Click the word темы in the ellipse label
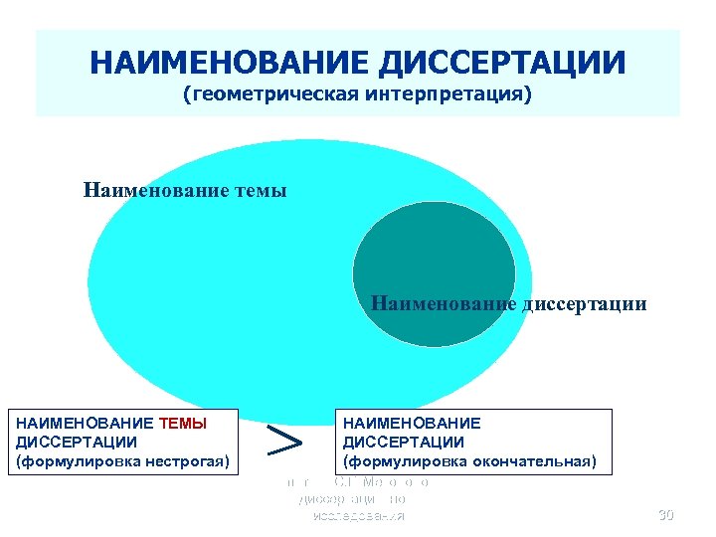click(x=259, y=189)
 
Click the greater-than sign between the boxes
click(x=286, y=441)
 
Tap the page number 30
click(x=665, y=515)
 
